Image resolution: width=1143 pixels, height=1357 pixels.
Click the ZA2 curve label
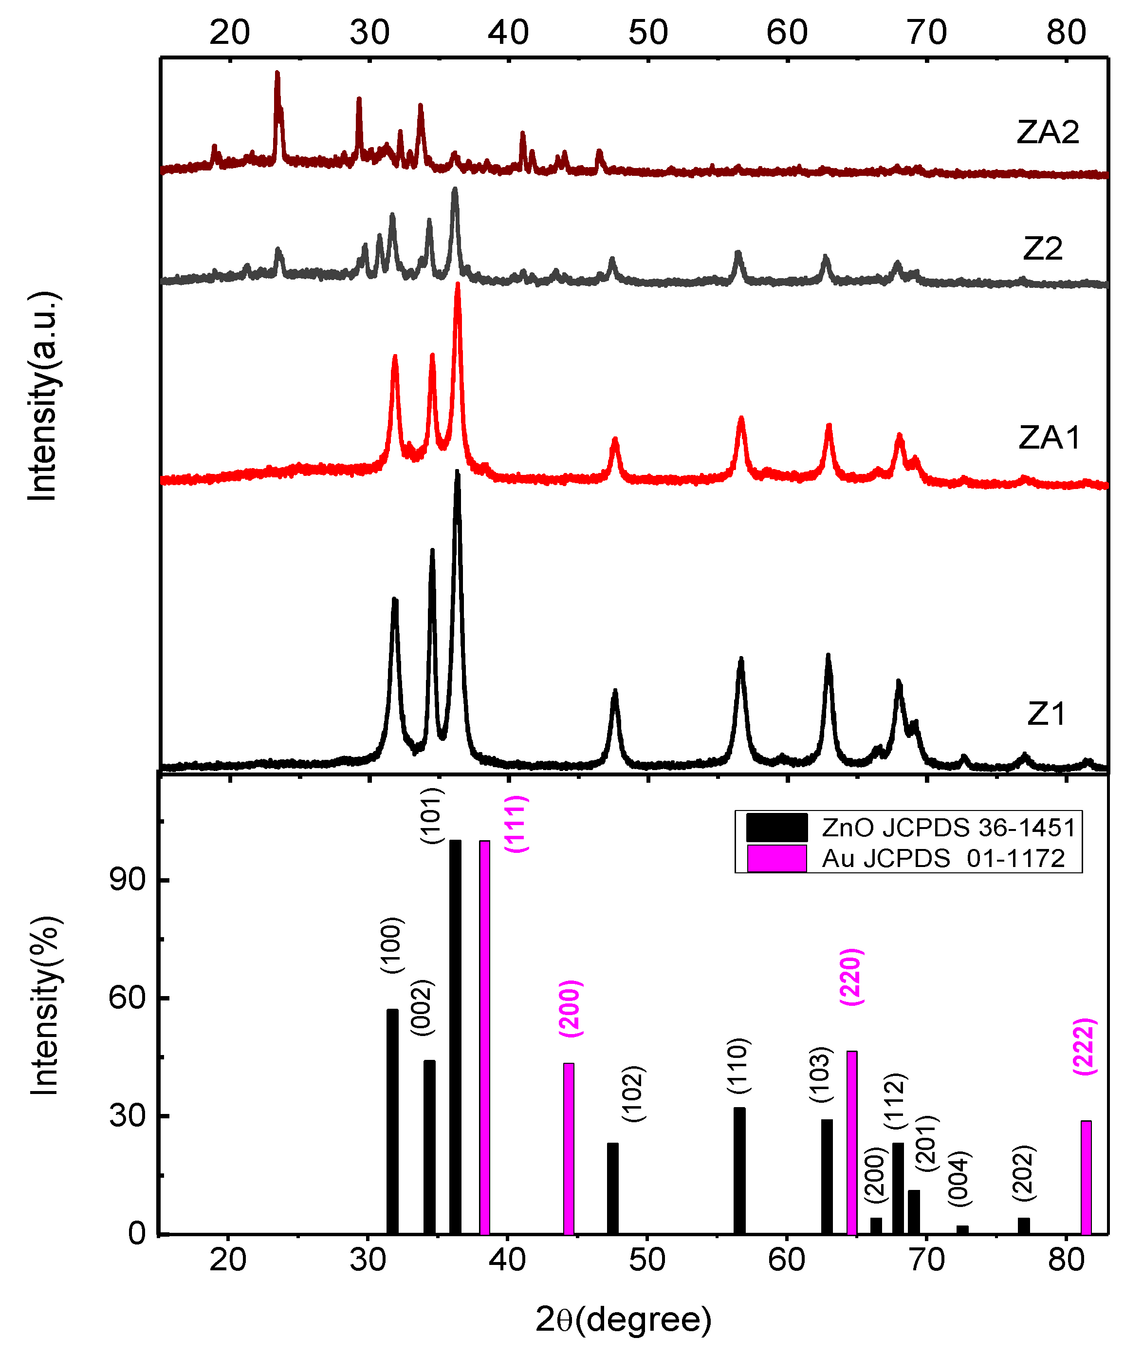(1048, 132)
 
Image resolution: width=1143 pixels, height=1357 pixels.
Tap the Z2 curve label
(1043, 248)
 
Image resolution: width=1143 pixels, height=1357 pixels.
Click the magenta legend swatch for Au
(777, 858)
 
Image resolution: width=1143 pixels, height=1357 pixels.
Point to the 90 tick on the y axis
(129, 880)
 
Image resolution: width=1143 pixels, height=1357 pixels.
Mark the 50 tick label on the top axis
(648, 33)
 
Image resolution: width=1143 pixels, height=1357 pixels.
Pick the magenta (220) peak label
(851, 977)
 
